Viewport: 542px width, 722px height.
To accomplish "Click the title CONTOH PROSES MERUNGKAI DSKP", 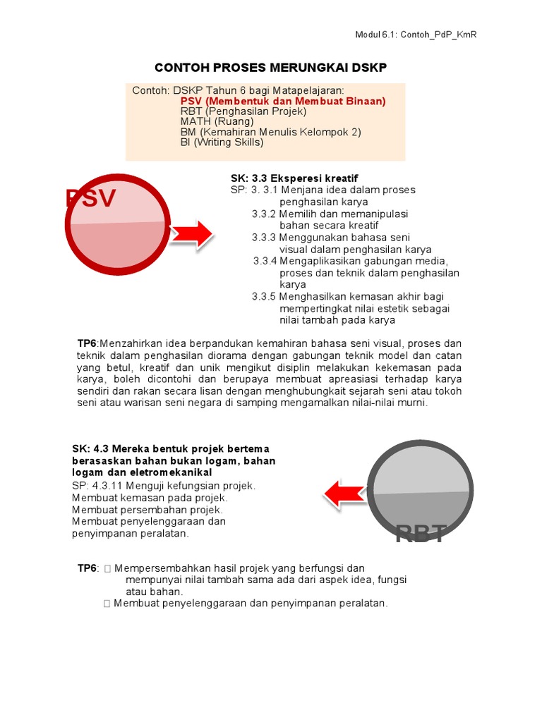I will point(271,68).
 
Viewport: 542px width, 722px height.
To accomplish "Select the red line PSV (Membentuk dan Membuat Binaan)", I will point(283,102).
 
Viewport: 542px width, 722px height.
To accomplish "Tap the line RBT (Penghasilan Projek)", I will point(243,111).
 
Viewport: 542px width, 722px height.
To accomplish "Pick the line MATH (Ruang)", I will point(217,121).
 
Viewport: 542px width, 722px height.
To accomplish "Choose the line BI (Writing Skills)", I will point(222,142).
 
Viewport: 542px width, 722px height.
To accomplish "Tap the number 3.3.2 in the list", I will point(264,214).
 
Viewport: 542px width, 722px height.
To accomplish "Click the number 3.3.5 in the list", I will point(264,297).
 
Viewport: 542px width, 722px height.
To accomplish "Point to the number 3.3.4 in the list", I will point(265,261).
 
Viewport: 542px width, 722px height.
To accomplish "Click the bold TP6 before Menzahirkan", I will point(88,343).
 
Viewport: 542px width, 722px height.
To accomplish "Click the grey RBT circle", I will point(421,493).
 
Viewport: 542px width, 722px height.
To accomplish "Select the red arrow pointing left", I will point(346,493).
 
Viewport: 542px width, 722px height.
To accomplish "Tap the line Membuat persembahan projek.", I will point(147,509).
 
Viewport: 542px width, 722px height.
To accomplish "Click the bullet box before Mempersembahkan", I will point(107,568).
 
